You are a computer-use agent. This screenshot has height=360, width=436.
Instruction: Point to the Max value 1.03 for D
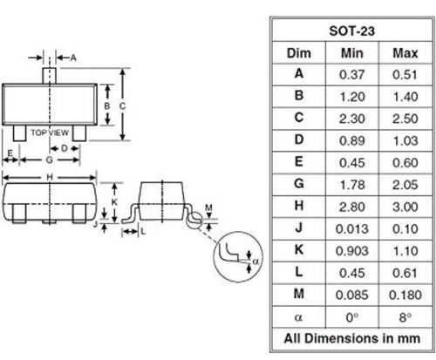403,139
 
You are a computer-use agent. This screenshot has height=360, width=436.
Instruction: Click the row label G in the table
299,183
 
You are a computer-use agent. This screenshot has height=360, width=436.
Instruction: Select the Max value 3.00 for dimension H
403,205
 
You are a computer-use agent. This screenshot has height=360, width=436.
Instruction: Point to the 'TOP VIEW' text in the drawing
51,132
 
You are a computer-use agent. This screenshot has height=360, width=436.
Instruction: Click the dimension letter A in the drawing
73,58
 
